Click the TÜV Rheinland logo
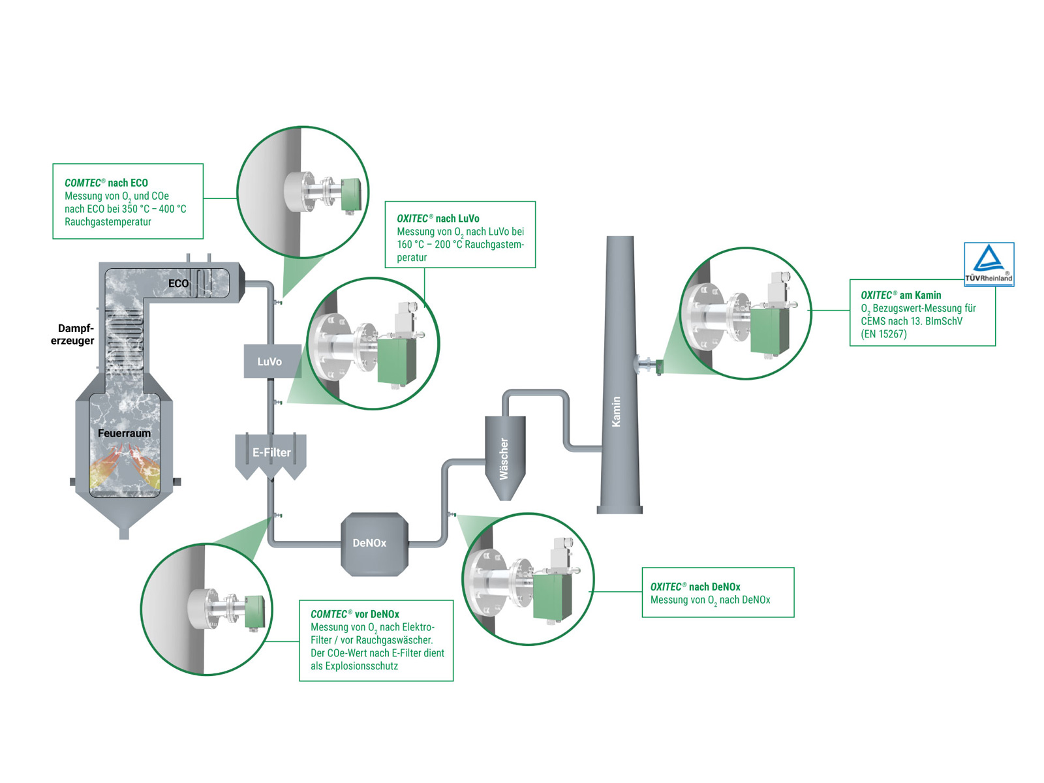click(989, 264)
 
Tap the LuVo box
click(269, 361)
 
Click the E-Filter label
click(271, 452)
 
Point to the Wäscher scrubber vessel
click(504, 457)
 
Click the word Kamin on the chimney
click(616, 412)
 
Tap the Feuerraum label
click(124, 433)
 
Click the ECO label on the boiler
click(178, 283)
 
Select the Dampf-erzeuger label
click(73, 334)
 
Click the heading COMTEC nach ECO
click(106, 183)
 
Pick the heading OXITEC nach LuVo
click(438, 219)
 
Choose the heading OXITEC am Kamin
click(900, 295)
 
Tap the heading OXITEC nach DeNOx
click(695, 587)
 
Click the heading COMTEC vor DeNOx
click(354, 614)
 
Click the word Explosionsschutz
click(361, 666)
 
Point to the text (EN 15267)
click(883, 334)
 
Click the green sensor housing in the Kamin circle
click(769, 330)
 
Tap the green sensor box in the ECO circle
click(350, 194)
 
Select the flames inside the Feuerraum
click(124, 467)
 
